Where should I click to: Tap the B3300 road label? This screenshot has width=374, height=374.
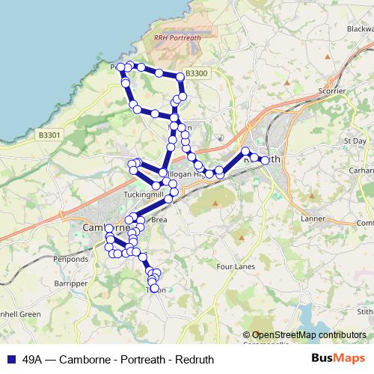[195, 73]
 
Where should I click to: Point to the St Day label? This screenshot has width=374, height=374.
[354, 140]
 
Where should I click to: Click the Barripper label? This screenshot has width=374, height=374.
[52, 285]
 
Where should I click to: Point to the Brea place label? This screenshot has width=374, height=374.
[159, 220]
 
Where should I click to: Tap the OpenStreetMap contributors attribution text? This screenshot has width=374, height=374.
[309, 334]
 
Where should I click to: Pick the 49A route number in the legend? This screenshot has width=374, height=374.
[32, 358]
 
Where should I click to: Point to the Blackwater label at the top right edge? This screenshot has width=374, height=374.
[359, 28]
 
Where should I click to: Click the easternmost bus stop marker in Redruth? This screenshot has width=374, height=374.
[264, 160]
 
